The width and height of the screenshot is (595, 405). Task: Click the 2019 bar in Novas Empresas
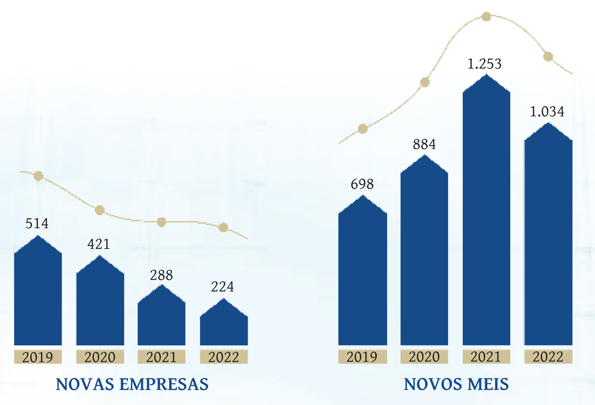coord(38,295)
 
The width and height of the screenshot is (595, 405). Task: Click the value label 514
coord(37,223)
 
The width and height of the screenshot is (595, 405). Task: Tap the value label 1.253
coord(484,64)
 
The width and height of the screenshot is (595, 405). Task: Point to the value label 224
coord(222,287)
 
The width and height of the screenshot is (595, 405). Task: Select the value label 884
coord(424,144)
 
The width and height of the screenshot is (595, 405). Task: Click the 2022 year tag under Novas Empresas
coord(224,357)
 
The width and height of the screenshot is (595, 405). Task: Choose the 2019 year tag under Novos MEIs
coord(362,357)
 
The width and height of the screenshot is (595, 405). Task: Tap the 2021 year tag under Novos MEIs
coord(486,357)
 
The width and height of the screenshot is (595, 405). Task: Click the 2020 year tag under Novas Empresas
coord(100,357)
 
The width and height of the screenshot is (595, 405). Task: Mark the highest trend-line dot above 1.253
coord(486,16)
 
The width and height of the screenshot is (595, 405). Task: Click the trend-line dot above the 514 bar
coord(38,176)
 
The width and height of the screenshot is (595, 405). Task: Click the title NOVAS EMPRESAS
coord(132,384)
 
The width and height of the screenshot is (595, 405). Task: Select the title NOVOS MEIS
coord(456,384)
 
